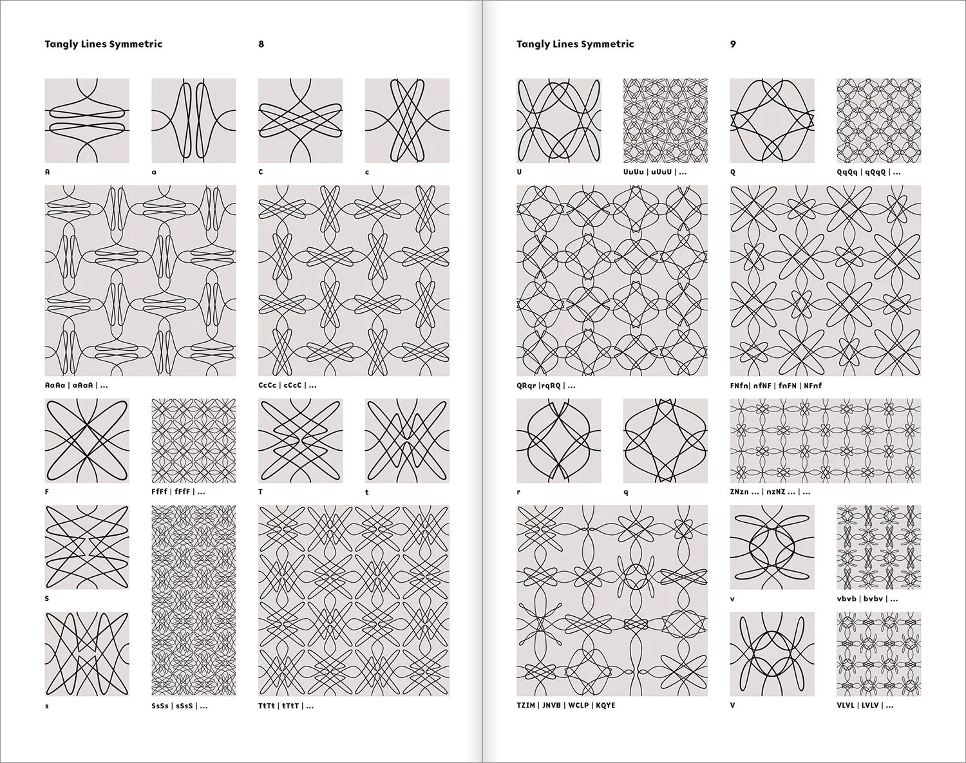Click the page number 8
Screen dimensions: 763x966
261,44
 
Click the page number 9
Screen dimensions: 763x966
733,44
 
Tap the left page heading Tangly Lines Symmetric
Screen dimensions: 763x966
103,44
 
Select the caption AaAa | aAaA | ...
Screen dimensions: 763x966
76,386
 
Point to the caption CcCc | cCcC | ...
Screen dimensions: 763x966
287,386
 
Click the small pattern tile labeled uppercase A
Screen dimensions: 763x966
87,120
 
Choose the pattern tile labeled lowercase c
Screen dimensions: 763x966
407,120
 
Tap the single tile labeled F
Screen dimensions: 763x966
87,440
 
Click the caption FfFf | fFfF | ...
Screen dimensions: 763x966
178,492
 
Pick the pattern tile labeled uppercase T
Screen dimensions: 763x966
300,440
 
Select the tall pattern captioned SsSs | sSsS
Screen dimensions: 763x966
193,600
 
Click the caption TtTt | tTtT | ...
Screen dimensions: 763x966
286,706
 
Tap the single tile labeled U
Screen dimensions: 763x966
558,120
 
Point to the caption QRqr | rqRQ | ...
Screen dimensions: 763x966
545,386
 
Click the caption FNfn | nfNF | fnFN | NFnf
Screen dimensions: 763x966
775,386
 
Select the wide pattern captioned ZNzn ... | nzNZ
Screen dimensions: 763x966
825,440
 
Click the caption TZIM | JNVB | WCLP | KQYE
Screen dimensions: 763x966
565,706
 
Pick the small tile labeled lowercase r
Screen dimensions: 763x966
558,440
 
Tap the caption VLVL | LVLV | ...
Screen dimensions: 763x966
864,706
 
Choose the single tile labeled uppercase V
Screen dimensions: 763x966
772,654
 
